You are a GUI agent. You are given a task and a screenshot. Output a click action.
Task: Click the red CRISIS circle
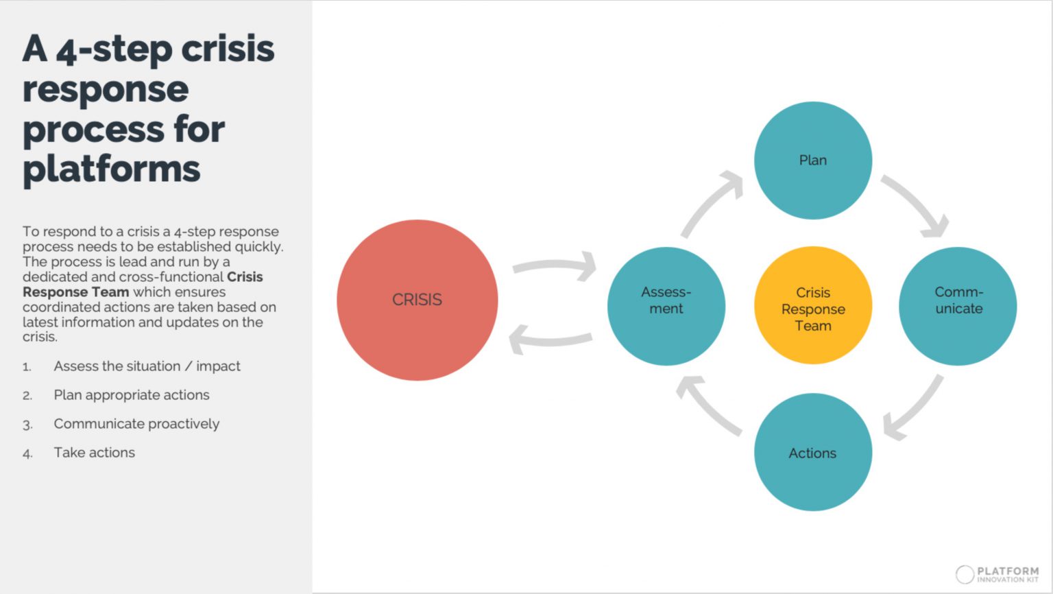(x=417, y=300)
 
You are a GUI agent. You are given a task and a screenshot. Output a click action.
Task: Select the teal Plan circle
(x=813, y=161)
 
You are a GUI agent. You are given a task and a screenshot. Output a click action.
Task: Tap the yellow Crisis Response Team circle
(x=813, y=306)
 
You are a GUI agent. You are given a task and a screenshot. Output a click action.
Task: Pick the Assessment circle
(x=666, y=306)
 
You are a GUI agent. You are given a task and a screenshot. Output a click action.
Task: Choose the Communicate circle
(x=958, y=306)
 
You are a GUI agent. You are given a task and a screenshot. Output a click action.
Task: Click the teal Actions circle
(x=813, y=452)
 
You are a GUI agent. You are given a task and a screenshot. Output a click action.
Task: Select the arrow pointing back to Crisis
(x=550, y=339)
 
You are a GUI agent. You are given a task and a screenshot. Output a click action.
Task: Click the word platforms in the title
(x=112, y=169)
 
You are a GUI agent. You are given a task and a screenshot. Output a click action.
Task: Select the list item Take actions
(x=95, y=453)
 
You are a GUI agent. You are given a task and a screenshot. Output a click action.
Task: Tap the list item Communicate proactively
(x=136, y=424)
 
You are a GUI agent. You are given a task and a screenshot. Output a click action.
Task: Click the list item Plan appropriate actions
(x=132, y=395)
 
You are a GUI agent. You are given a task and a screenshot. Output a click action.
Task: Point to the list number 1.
(x=27, y=367)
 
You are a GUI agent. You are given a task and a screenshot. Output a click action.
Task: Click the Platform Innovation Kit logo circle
(x=965, y=574)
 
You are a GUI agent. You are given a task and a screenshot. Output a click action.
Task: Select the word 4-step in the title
(x=114, y=50)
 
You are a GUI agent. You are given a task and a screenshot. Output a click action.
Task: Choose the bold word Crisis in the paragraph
(x=245, y=277)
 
